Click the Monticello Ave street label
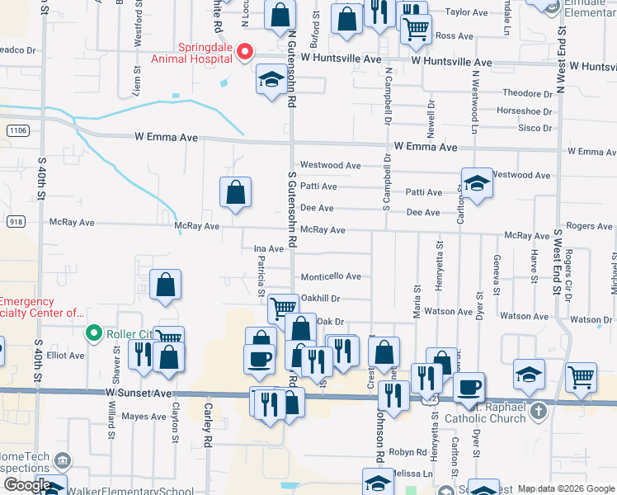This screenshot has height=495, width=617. [x=331, y=276]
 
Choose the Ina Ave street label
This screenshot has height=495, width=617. [x=268, y=248]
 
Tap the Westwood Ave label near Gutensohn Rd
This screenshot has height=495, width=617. [x=330, y=165]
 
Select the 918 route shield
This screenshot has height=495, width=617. [x=14, y=222]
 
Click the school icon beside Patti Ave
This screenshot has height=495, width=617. [x=477, y=183]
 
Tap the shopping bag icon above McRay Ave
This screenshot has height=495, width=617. [x=236, y=192]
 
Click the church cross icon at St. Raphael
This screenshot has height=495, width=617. [x=538, y=410]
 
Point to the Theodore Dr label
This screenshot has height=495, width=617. [x=527, y=93]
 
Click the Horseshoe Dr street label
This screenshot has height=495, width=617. [x=524, y=111]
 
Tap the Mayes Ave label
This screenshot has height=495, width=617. [x=144, y=417]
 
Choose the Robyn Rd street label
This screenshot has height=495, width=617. [x=407, y=452]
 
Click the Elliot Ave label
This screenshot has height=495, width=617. [x=66, y=356]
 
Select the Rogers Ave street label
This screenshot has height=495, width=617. [x=589, y=226]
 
